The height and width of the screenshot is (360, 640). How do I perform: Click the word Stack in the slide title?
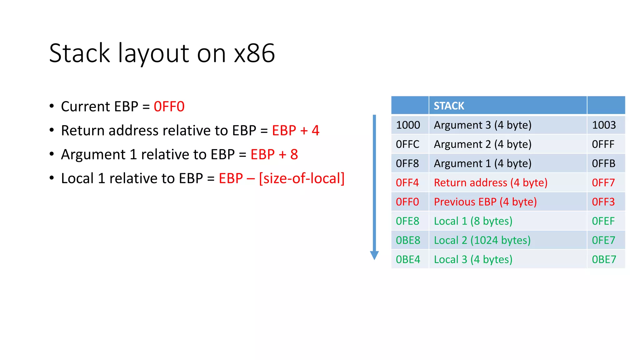pyautogui.click(x=80, y=53)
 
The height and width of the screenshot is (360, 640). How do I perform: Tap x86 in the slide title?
pyautogui.click(x=254, y=53)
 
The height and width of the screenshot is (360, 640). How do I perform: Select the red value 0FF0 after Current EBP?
pyautogui.click(x=169, y=107)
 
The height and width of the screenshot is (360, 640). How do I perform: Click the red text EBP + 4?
pyautogui.click(x=296, y=131)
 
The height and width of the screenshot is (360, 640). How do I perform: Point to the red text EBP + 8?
pyautogui.click(x=274, y=154)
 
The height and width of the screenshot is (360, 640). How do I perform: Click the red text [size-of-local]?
pyautogui.click(x=302, y=178)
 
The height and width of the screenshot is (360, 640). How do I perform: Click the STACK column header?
pyautogui.click(x=449, y=106)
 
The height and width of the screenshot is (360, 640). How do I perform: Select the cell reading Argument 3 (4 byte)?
pyautogui.click(x=482, y=125)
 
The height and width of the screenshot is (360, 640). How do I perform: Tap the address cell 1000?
pyautogui.click(x=408, y=125)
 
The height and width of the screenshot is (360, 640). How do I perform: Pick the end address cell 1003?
pyautogui.click(x=604, y=125)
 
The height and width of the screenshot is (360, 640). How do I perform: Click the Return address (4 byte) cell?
pyautogui.click(x=491, y=182)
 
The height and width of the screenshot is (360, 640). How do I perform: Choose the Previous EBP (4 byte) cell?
pyautogui.click(x=485, y=202)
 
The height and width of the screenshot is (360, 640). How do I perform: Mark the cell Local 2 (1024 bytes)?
pyautogui.click(x=482, y=240)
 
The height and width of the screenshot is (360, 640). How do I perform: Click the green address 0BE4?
pyautogui.click(x=408, y=259)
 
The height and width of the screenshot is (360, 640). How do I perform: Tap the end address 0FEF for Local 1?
pyautogui.click(x=603, y=221)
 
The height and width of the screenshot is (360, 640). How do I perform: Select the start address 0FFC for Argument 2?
pyautogui.click(x=407, y=144)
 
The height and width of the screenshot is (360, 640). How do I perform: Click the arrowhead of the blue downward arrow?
pyautogui.click(x=374, y=255)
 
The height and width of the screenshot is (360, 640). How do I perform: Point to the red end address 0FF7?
pyautogui.click(x=603, y=182)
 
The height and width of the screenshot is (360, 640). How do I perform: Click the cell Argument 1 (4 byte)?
pyautogui.click(x=482, y=163)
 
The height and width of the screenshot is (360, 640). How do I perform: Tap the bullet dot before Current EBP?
pyautogui.click(x=52, y=106)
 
